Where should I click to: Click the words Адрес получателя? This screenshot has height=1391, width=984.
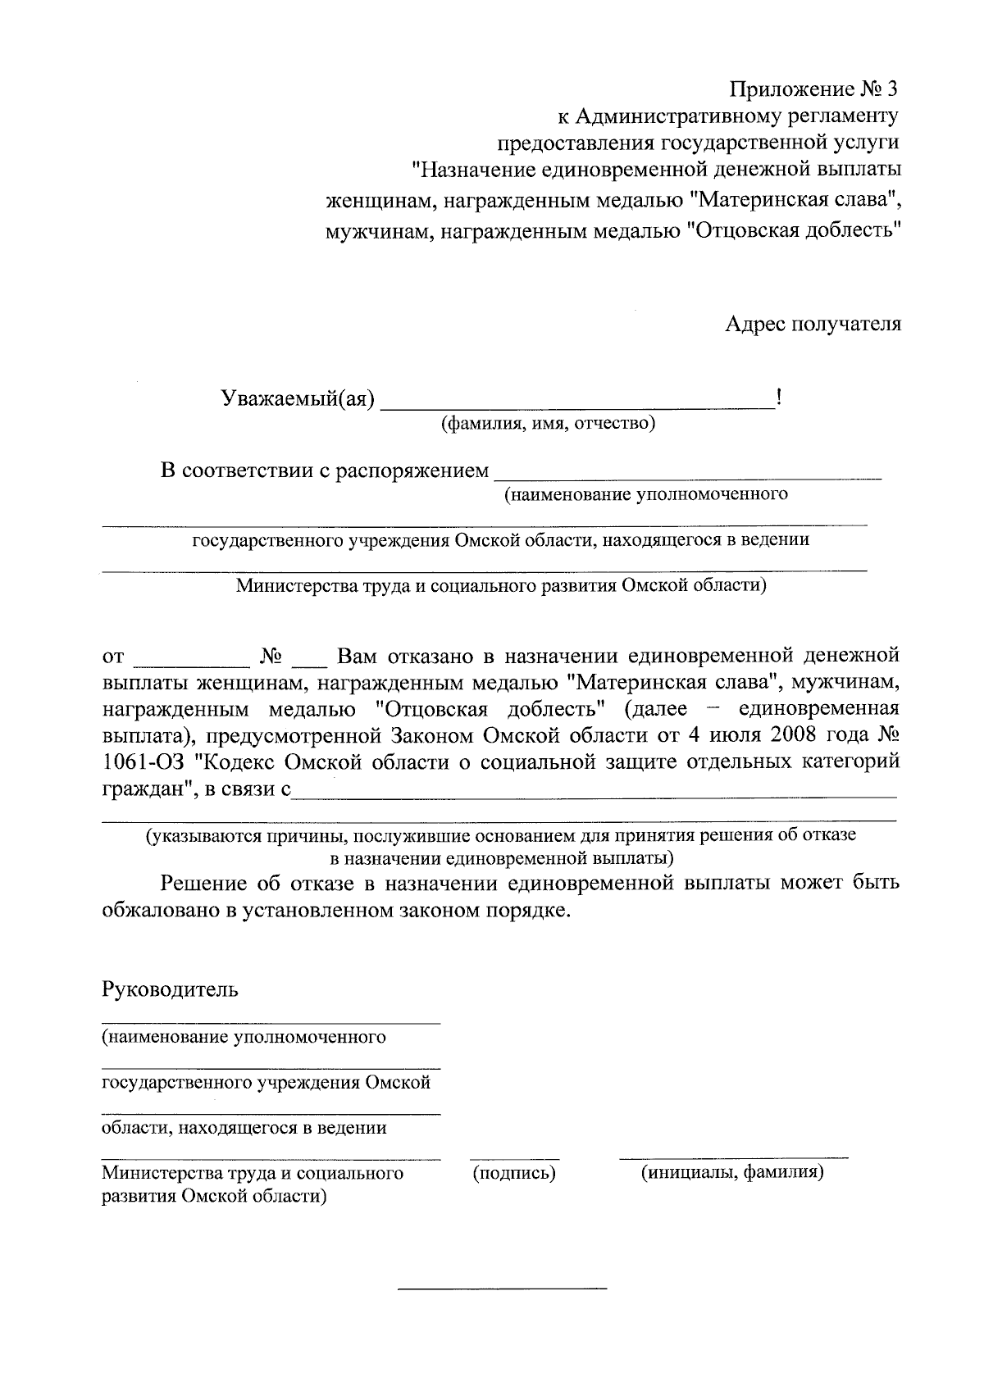[x=813, y=324]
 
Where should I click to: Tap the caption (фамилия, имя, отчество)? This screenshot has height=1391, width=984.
[x=548, y=424]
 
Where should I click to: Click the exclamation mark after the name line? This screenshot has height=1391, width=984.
[x=777, y=398]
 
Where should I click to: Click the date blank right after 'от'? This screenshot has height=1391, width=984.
[x=192, y=662]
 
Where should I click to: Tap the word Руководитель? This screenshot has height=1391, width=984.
[x=170, y=989]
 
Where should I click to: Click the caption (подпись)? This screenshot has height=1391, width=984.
[x=514, y=1173]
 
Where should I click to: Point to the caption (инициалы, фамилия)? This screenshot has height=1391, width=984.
[x=732, y=1173]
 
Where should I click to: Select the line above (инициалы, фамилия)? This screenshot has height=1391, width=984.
[x=733, y=1158]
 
